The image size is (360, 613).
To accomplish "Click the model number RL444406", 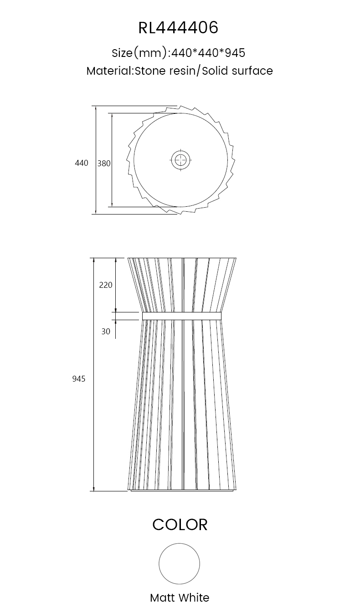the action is (x=178, y=28).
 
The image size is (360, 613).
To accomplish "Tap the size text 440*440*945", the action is (x=208, y=52).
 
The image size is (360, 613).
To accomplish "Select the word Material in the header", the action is (x=109, y=71).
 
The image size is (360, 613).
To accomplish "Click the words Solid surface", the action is (x=237, y=71).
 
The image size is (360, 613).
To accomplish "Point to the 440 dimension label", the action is (x=82, y=163).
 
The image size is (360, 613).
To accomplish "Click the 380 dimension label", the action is (x=104, y=163).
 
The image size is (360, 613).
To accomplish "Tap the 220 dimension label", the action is (x=106, y=285).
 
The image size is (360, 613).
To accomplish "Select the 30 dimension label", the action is (x=106, y=332).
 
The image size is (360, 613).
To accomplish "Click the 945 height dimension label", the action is (x=79, y=379).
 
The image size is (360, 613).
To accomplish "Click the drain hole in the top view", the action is (x=181, y=160).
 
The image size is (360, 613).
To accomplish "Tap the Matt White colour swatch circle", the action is (x=179, y=564).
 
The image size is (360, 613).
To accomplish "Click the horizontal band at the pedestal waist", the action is (x=182, y=316).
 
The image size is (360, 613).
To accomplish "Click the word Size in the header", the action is (x=122, y=53).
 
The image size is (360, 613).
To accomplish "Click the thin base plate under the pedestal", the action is (x=182, y=490).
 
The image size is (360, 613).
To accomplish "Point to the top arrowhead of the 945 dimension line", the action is (x=94, y=261).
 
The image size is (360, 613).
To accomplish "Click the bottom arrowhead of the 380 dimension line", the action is (x=112, y=204).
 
